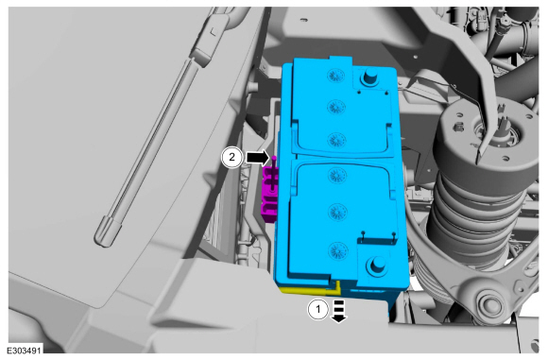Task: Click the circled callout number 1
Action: (x=317, y=309)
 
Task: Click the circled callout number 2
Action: (x=231, y=157)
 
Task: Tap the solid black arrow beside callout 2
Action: (x=258, y=158)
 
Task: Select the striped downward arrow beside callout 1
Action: (x=339, y=311)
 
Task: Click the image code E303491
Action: (x=25, y=351)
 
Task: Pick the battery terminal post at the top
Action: (x=369, y=77)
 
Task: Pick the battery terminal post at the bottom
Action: (x=375, y=266)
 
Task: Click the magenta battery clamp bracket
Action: (x=270, y=194)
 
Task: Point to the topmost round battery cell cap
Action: (x=336, y=76)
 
